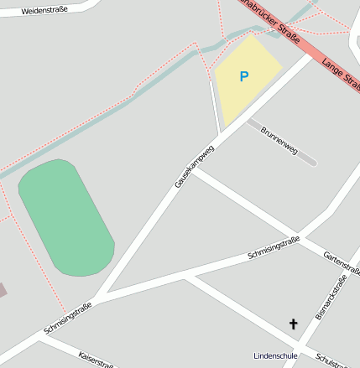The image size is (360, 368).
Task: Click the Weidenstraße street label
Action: point(44,12)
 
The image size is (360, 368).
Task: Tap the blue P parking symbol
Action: point(244,76)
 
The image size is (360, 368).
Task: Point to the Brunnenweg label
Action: point(279,140)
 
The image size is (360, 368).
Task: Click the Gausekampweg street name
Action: point(195,165)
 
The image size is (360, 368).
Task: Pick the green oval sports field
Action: point(65,217)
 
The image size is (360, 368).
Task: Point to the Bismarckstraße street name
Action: point(331,298)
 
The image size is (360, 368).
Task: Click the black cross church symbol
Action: point(294,324)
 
